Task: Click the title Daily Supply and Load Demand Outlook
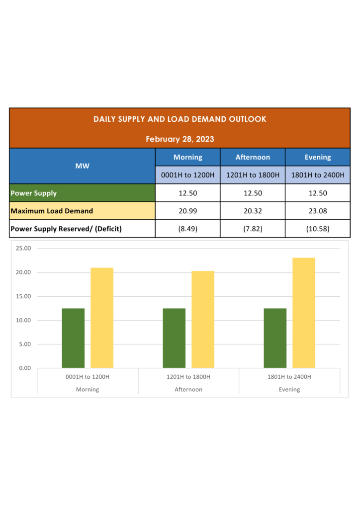[180, 119]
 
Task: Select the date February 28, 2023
[180, 139]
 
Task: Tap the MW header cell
[83, 166]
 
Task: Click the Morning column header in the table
[187, 157]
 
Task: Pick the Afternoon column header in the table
[253, 157]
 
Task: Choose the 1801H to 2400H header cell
[317, 175]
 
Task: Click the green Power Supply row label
[34, 193]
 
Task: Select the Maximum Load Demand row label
[52, 211]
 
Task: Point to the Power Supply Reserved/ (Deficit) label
[66, 229]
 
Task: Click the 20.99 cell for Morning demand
[187, 211]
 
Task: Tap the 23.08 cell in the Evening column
[317, 211]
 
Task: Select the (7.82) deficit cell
[253, 229]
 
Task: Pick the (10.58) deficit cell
[317, 229]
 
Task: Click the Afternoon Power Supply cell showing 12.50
[253, 193]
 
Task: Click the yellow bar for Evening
[304, 313]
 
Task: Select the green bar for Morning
[73, 338]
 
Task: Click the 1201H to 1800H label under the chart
[188, 377]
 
